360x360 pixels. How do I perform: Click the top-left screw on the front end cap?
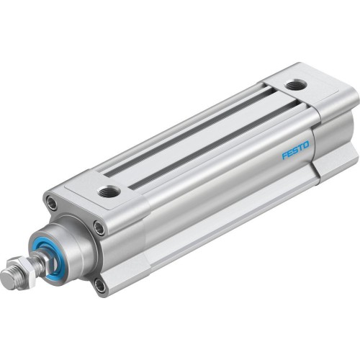[x=52, y=205]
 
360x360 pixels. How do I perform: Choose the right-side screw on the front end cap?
[x=99, y=230]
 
